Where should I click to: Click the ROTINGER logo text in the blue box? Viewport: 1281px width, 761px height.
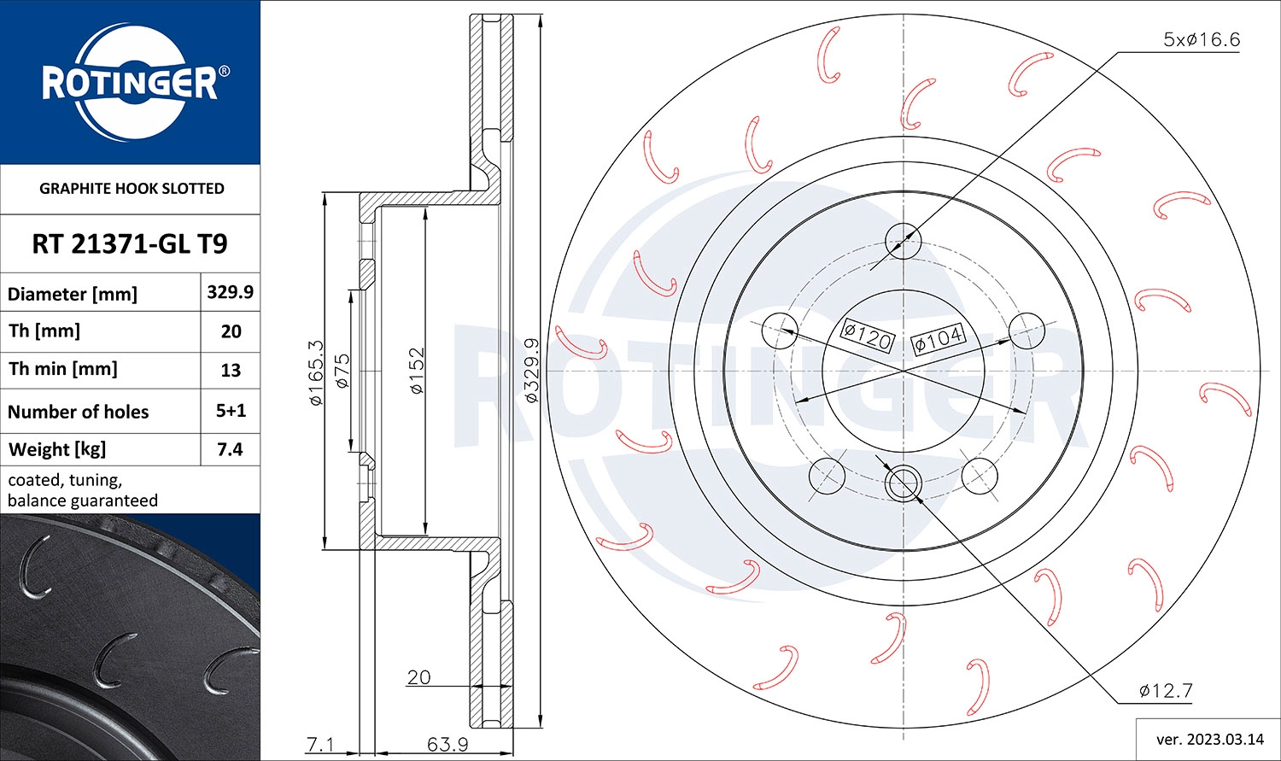point(130,84)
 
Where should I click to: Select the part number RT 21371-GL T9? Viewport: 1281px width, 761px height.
point(130,244)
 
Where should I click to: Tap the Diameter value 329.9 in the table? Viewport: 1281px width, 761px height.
point(230,292)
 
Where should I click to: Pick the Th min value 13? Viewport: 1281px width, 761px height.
point(230,371)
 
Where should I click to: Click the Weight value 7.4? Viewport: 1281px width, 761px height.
point(230,449)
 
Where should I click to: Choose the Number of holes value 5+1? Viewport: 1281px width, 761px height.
point(230,411)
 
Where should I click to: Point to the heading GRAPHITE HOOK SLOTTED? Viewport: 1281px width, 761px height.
point(132,189)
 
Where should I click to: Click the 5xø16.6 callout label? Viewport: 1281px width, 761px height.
point(1201,39)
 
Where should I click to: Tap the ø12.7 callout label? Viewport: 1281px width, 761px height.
point(1165,690)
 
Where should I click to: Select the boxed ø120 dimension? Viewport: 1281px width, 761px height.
point(867,336)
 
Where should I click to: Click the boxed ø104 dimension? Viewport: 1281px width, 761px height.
point(938,339)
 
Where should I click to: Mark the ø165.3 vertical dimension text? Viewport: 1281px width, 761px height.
point(315,372)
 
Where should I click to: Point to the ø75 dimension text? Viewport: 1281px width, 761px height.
point(342,372)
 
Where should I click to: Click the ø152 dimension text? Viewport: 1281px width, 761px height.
point(416,371)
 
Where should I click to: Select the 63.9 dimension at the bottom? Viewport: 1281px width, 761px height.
point(447,744)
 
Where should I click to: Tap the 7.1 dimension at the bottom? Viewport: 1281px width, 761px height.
point(320,744)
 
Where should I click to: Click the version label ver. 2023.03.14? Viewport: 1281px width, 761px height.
point(1208,739)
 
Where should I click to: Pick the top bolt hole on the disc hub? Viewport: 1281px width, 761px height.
point(903,240)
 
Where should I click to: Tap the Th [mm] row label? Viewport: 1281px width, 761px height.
point(44,331)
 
